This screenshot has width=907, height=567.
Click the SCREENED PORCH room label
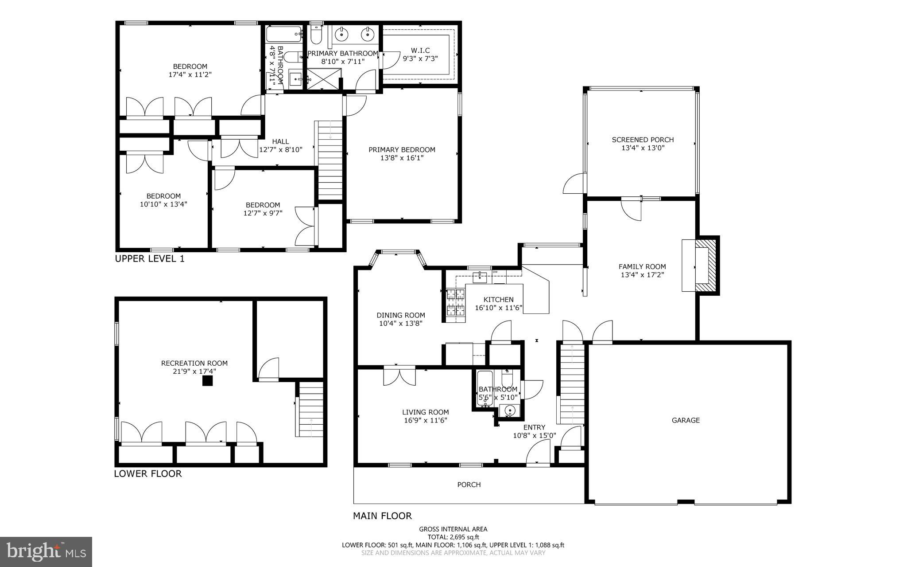point(643,140)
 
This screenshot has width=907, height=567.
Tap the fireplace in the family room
point(705,266)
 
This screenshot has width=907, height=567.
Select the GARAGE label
point(686,420)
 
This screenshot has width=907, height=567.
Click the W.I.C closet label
point(420,51)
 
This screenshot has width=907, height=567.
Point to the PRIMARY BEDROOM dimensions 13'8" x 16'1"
point(402,158)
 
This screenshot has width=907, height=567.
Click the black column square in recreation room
point(207,381)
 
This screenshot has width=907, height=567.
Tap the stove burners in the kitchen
point(456,301)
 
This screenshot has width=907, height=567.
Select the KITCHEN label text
point(498,300)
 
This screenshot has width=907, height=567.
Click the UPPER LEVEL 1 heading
point(150,259)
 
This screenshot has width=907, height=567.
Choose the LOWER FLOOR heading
point(148,473)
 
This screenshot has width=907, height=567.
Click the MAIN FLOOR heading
point(382,516)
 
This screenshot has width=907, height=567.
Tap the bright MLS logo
point(46,551)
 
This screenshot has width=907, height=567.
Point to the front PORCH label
point(469,485)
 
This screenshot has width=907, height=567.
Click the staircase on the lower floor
point(310,410)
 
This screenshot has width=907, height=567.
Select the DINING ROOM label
point(401,315)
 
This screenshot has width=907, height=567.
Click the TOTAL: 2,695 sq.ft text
point(453,537)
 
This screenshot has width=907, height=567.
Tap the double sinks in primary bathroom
point(354,33)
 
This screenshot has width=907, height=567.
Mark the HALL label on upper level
point(280,141)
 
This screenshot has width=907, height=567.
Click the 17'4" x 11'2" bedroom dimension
point(190,74)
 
